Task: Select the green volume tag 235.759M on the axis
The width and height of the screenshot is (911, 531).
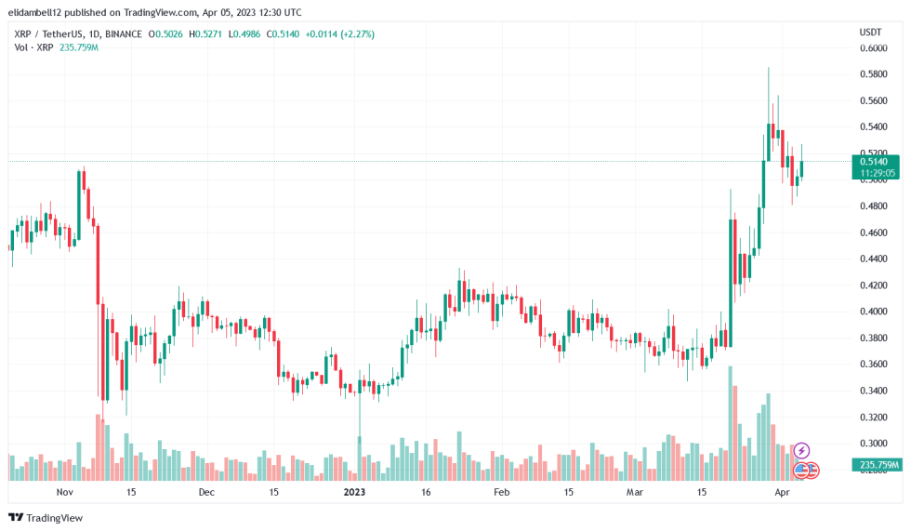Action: point(876,464)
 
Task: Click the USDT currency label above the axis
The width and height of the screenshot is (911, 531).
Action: point(870,33)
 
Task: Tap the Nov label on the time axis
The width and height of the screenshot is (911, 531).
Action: point(64,491)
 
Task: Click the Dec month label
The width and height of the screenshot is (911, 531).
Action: point(206,491)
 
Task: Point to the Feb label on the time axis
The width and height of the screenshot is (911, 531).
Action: point(501,491)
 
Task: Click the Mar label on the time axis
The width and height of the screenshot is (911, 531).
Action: point(635,491)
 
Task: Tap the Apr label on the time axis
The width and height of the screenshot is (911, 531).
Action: point(782,491)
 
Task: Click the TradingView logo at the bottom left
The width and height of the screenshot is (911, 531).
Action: point(46,517)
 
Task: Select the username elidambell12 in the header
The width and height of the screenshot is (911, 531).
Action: point(42,13)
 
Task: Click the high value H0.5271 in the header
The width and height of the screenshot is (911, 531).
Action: point(208,34)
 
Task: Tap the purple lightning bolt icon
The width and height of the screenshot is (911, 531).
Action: point(801,451)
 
